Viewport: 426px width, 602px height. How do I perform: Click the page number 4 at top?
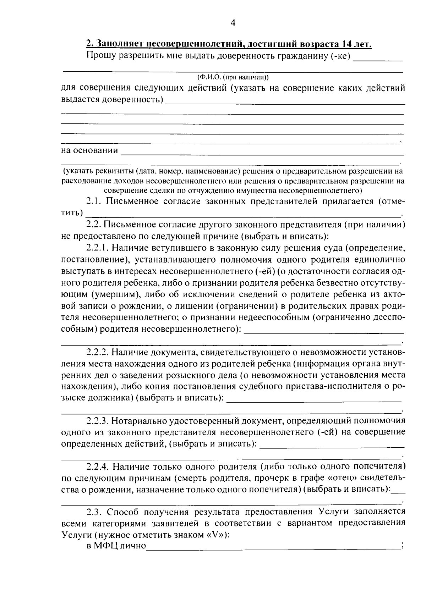(x=233, y=23)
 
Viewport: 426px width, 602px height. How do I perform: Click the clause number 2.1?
(x=94, y=201)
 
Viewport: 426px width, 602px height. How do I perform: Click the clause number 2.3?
(x=94, y=512)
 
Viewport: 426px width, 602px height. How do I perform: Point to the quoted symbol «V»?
(x=215, y=535)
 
